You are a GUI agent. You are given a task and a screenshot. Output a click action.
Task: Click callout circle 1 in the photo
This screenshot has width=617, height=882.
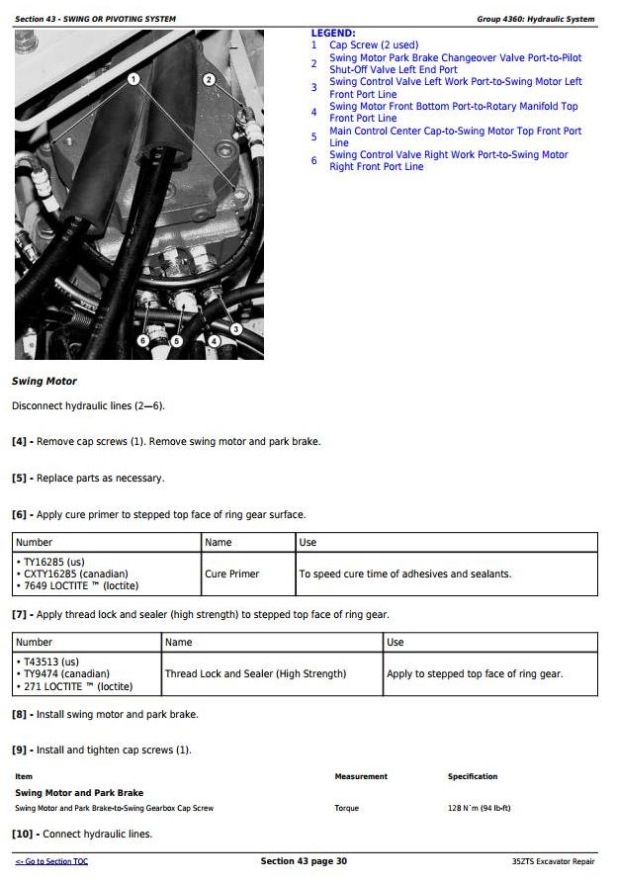coord(134,79)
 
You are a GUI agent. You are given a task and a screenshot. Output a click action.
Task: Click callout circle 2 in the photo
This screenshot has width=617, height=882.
coord(210,79)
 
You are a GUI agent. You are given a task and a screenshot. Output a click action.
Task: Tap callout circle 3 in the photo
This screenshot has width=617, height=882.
coord(236,328)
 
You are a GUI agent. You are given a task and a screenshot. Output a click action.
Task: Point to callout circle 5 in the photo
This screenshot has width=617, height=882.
coord(178,340)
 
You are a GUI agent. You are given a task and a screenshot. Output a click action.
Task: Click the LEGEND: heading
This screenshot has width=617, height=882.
coord(333,34)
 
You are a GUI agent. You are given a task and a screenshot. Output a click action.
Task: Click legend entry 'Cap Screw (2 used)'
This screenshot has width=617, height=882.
coord(373,45)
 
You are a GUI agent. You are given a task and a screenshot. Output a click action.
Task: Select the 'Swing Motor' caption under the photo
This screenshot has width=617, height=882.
coord(44,382)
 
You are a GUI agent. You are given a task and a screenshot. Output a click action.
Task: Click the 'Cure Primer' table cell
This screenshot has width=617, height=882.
coord(231,573)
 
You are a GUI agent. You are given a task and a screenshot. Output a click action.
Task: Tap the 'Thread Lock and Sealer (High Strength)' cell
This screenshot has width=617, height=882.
coord(255,673)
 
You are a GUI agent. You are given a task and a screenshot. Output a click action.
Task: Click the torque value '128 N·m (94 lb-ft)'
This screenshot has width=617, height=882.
coord(479,809)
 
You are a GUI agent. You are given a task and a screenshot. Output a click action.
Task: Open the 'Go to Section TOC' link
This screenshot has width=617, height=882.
coord(51,862)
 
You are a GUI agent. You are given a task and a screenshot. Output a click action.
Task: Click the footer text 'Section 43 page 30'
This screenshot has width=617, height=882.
coord(304,862)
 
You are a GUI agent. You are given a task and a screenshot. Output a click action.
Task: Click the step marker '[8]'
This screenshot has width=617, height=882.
coord(19,714)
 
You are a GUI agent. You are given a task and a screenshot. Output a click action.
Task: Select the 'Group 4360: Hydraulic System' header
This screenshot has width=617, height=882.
coord(536,19)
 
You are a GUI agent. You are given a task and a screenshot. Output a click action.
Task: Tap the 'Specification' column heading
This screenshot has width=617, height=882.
coord(473,777)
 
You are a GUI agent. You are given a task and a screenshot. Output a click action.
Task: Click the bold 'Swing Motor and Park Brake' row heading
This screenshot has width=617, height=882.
coord(79,793)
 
